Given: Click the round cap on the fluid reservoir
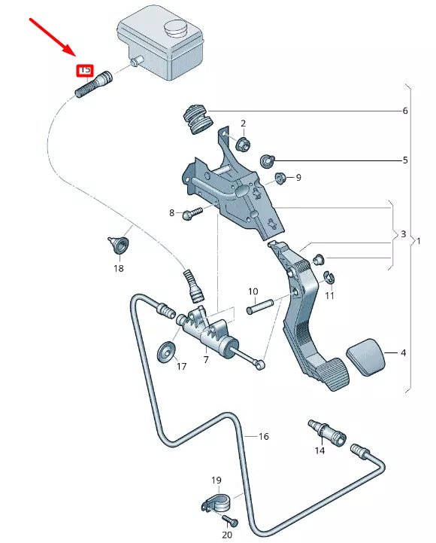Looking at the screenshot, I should pos(176,30).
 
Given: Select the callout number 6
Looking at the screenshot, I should pos(404,111).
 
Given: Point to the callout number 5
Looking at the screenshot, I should pos(404,160).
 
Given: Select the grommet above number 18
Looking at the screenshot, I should pos(118,244).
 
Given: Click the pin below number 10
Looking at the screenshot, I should pos(259,307).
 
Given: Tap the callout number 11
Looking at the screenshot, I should pos(329,297).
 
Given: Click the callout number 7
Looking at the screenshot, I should pos(205,360).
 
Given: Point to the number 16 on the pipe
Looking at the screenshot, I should pos(263,436).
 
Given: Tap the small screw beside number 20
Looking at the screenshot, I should pos(232,521).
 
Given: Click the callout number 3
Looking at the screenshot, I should pos(403,235).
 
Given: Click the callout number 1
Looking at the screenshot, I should pos(419,241).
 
